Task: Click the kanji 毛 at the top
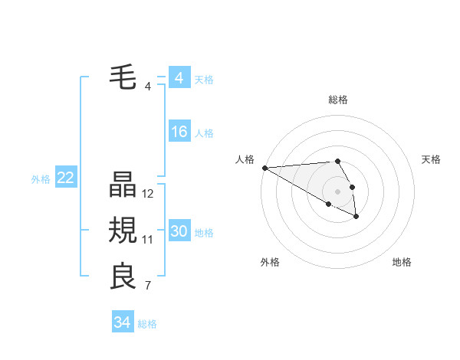[123, 77]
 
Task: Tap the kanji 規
[123, 231]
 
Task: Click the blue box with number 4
[179, 78]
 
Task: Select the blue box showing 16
[179, 132]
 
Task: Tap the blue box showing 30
[179, 231]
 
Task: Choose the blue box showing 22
[65, 178]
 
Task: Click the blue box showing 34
[122, 322]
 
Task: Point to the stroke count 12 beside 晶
[148, 194]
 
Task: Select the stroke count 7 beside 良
[148, 286]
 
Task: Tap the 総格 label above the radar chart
[338, 100]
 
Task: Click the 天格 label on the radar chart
[432, 159]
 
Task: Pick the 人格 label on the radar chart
[245, 159]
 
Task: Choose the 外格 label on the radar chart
[270, 262]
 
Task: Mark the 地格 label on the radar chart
[402, 262]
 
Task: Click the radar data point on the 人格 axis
[264, 168]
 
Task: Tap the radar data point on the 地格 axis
[356, 217]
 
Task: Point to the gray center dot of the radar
[337, 191]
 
